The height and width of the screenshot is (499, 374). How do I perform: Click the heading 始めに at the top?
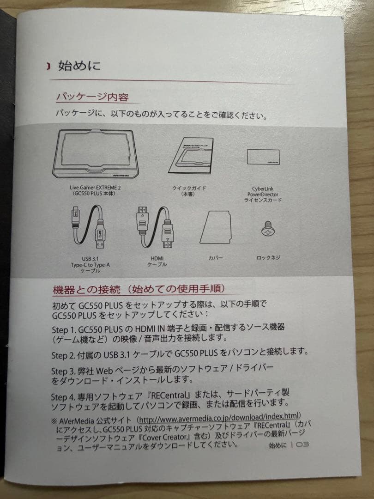(78, 66)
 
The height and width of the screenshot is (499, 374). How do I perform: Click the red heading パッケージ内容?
(92, 97)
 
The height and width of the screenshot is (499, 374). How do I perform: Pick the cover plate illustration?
(215, 227)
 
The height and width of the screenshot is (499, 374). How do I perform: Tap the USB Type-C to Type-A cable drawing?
(90, 227)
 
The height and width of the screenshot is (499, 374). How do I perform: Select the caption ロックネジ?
(268, 258)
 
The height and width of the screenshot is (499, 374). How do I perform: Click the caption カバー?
(215, 258)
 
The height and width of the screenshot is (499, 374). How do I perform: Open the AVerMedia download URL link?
(219, 420)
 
